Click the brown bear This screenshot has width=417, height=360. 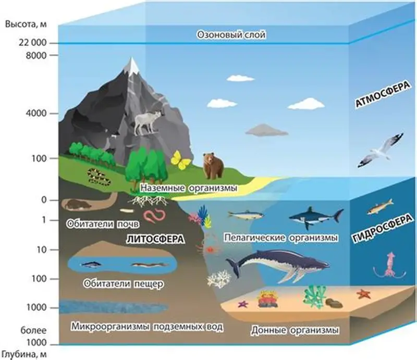pyautogui.click(x=213, y=165)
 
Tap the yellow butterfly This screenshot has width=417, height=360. pyautogui.click(x=180, y=160)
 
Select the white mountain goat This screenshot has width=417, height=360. pyautogui.click(x=148, y=122)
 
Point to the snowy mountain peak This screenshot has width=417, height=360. pyautogui.click(x=131, y=65)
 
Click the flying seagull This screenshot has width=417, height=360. pyautogui.click(x=381, y=151)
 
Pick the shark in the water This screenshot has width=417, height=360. pyautogui.click(x=316, y=217)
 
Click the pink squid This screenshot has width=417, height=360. pyautogui.click(x=389, y=266)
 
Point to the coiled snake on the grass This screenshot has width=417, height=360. pyautogui.click(x=99, y=177)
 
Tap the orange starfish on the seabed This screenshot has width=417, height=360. pyautogui.click(x=363, y=294)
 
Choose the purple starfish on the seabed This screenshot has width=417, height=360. pyautogui.click(x=243, y=304)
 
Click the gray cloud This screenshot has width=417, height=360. pyautogui.click(x=267, y=130)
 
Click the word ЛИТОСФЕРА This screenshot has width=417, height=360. pyautogui.click(x=155, y=239)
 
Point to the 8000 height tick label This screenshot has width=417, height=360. pyautogui.click(x=36, y=56)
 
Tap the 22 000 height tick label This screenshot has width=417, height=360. pyautogui.click(x=32, y=43)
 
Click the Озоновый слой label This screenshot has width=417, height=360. pyautogui.click(x=231, y=35)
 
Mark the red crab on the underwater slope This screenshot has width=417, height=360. pyautogui.click(x=210, y=250)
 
